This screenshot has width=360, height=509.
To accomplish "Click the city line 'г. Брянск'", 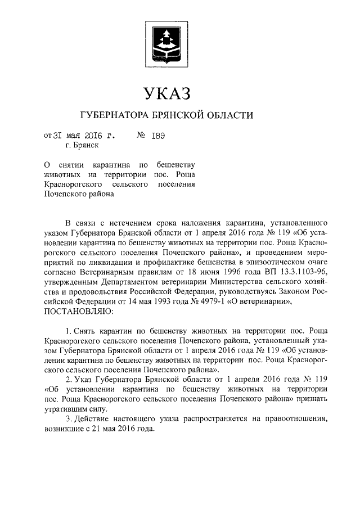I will tap(82, 146).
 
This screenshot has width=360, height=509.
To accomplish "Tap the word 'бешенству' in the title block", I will tap(175, 165).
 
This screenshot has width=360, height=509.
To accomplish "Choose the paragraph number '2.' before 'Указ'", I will tap(69, 380).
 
